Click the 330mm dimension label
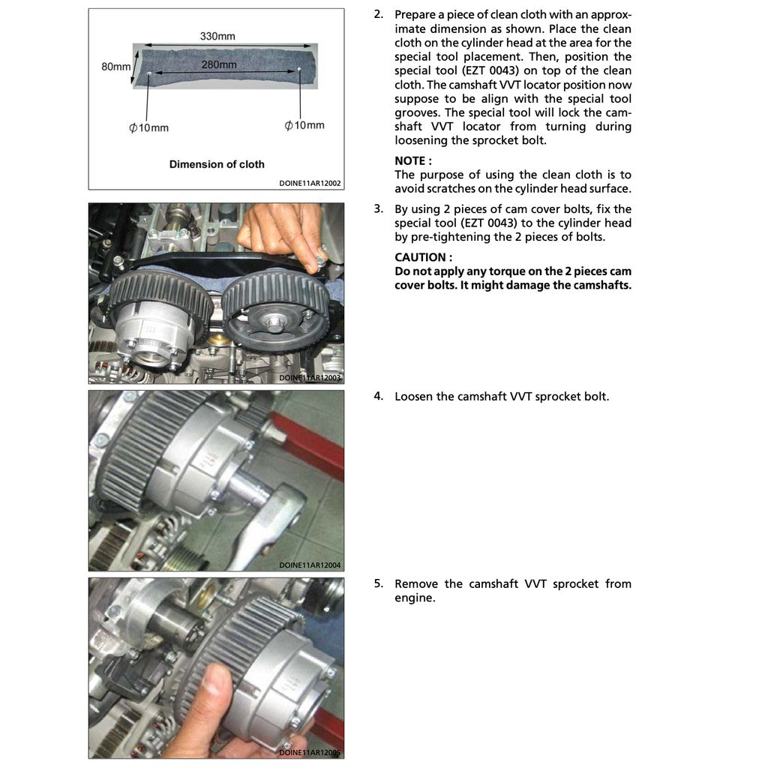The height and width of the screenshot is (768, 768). coord(217,36)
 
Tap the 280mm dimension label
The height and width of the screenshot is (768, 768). coord(219,65)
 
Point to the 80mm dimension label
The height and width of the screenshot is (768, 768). coord(115,67)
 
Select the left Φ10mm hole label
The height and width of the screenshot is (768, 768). coord(148,127)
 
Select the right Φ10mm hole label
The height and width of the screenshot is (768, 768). coord(304,125)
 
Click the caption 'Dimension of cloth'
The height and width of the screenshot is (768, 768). coord(217,164)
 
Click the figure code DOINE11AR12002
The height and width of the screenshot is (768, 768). coord(310,183)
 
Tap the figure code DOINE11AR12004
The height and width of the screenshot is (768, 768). coord(310,565)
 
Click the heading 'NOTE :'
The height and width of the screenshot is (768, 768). coord(412,160)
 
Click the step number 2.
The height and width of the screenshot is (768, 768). coord(378,15)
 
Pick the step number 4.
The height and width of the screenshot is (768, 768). coord(378,396)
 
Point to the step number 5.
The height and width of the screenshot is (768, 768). coord(378,583)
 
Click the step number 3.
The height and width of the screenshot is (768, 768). coord(378,208)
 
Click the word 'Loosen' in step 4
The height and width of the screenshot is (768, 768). coord(413,396)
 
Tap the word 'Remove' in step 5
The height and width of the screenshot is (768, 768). coord(415,583)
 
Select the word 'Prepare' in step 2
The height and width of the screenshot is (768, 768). coord(416,15)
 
